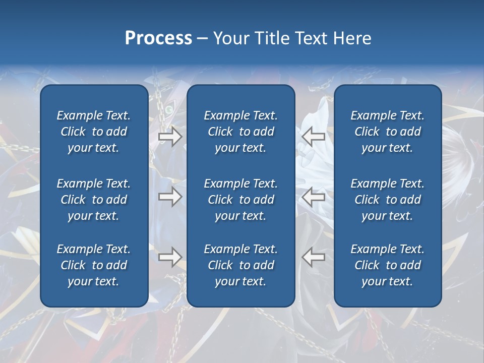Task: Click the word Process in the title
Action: [x=158, y=38]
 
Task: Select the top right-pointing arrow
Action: [x=170, y=137]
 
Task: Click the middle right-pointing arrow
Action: [x=170, y=197]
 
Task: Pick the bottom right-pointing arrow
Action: [x=170, y=257]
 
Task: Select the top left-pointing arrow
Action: [x=313, y=137]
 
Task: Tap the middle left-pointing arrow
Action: [x=313, y=197]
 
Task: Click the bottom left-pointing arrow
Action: [x=313, y=257]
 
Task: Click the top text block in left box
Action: [x=94, y=132]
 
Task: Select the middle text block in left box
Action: [x=94, y=200]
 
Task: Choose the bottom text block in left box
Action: [x=94, y=265]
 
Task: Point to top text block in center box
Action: [x=241, y=132]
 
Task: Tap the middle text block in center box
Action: [x=241, y=200]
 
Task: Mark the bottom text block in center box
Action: [x=241, y=265]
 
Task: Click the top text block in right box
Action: [x=388, y=132]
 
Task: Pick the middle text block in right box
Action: [x=388, y=200]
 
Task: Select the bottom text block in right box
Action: [x=388, y=265]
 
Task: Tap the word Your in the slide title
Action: [x=230, y=38]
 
